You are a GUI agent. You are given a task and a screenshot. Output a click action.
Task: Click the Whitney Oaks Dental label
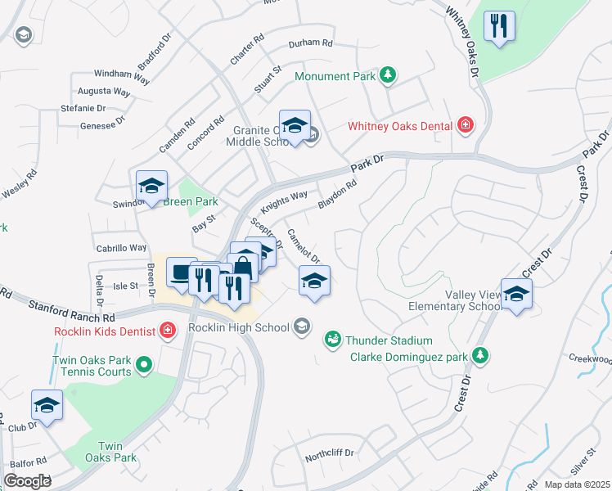pyautogui.click(x=400, y=125)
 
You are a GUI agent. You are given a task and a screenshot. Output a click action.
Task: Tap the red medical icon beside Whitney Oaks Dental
pyautogui.click(x=466, y=125)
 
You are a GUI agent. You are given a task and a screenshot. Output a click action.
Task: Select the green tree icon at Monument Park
pyautogui.click(x=389, y=76)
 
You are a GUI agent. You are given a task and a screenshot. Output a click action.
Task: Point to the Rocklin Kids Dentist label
pyautogui.click(x=105, y=331)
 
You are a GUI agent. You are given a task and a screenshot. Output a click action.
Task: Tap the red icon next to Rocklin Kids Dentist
pyautogui.click(x=168, y=331)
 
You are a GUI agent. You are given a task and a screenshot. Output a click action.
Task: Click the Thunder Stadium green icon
pyautogui.click(x=332, y=339)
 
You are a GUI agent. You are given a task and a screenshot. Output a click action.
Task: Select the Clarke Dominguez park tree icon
pyautogui.click(x=482, y=356)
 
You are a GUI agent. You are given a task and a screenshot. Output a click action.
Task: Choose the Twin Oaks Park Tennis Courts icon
pyautogui.click(x=144, y=364)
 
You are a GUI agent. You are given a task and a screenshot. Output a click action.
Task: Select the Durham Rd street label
pyautogui.click(x=311, y=43)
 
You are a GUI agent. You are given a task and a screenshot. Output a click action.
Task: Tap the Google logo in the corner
pyautogui.click(x=28, y=481)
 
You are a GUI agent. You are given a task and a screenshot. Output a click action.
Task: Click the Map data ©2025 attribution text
pyautogui.click(x=576, y=484)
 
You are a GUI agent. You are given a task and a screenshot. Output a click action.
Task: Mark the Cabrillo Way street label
pyautogui.click(x=121, y=247)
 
